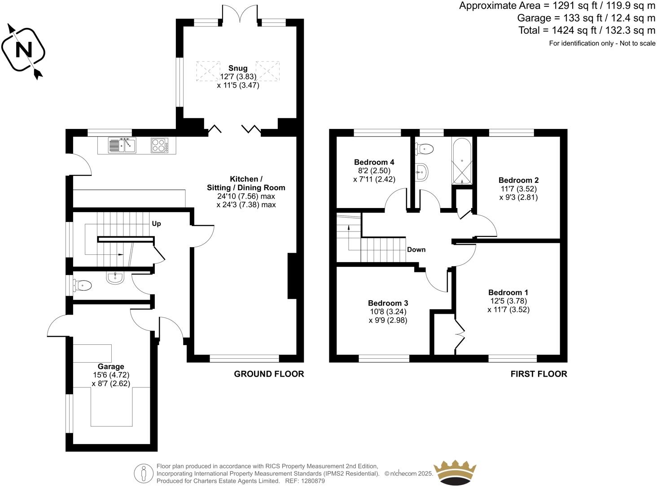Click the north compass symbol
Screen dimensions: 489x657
click(x=23, y=50)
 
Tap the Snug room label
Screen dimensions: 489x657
click(x=237, y=68)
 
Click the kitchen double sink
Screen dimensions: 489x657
click(x=122, y=145)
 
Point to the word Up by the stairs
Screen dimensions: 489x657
click(x=156, y=223)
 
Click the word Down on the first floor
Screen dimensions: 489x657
click(x=416, y=249)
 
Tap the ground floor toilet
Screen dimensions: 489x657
click(x=83, y=285)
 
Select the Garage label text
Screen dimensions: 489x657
click(x=111, y=366)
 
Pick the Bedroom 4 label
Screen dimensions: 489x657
click(x=374, y=162)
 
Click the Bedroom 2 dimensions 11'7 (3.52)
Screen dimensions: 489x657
click(x=518, y=189)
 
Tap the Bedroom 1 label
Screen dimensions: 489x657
click(x=505, y=292)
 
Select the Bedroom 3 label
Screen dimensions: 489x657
click(x=388, y=303)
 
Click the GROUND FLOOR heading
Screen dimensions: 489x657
click(x=269, y=374)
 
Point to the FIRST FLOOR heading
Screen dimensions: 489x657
click(x=539, y=374)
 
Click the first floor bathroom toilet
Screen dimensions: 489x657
click(x=425, y=149)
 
